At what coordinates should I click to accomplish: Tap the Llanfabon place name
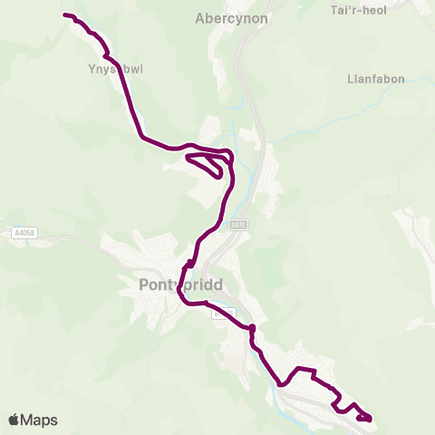click(373, 79)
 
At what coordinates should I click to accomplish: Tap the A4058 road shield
click(25, 233)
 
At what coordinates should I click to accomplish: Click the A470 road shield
click(237, 224)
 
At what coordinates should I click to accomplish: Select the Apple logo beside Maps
click(14, 420)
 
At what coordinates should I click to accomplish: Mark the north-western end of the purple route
click(65, 14)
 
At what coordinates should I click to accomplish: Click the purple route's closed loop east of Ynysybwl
click(207, 164)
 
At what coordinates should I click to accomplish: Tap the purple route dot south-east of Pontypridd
click(252, 328)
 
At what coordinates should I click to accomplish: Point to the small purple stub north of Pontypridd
click(188, 264)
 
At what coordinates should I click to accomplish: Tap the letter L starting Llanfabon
click(351, 79)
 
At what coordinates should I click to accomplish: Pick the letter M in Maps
click(28, 420)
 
